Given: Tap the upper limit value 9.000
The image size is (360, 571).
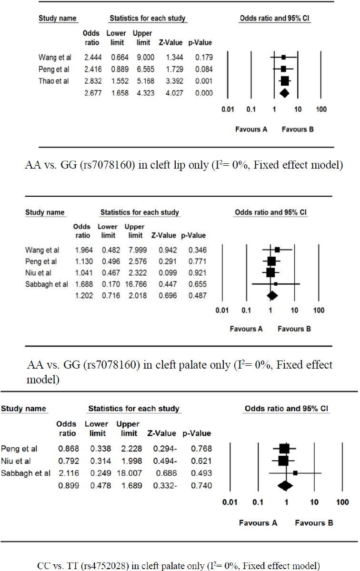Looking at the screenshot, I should coord(142,57).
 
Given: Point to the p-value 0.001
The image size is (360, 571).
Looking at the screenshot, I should coord(202,80).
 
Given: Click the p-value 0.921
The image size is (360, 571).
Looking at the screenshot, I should coord(196,272).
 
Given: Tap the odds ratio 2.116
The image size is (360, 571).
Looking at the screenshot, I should coord(66,473).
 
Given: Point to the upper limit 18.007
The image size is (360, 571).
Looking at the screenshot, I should coord(127,473).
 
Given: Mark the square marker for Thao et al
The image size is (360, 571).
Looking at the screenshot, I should coord(284,80).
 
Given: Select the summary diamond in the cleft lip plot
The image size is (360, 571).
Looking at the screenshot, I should coord(284,92).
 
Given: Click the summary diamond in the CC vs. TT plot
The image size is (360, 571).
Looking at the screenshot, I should coord(285,485).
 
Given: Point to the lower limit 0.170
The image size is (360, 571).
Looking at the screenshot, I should coord(109,284).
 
